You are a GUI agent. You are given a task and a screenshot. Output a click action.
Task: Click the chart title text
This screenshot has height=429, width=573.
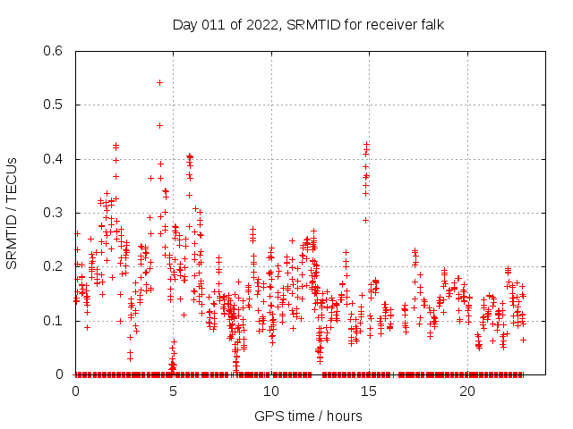[x=308, y=23]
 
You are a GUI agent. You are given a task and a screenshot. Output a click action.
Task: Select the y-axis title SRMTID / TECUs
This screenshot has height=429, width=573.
[x=12, y=213]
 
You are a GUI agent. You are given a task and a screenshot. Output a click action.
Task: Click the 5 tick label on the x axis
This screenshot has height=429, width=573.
[x=174, y=391]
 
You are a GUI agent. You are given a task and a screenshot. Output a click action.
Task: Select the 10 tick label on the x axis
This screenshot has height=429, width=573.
[x=271, y=391]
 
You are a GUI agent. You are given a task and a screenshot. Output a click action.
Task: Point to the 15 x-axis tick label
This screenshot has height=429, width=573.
[x=370, y=391]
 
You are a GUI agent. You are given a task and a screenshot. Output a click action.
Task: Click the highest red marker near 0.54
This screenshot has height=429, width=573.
[x=159, y=82]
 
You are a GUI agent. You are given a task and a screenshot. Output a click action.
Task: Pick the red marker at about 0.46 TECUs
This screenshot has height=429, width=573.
[x=160, y=125]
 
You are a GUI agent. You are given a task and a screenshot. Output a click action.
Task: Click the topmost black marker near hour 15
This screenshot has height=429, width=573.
[x=366, y=143]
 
